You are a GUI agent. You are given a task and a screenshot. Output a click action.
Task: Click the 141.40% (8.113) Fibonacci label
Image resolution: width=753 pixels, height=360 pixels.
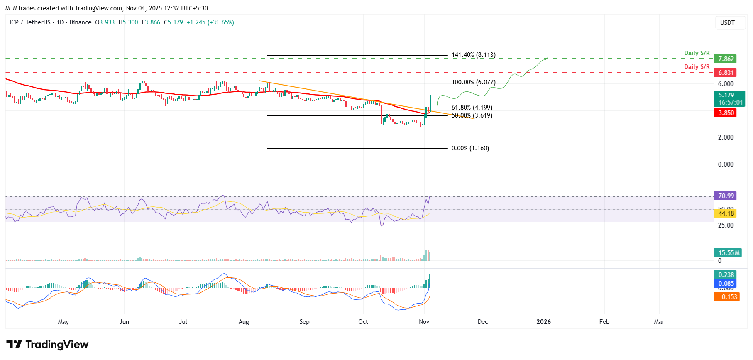tap(473, 55)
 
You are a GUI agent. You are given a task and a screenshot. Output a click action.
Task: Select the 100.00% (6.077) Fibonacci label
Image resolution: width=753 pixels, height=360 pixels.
tap(473, 82)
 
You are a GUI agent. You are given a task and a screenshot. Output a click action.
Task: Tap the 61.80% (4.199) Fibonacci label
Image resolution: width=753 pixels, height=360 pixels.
tap(472, 108)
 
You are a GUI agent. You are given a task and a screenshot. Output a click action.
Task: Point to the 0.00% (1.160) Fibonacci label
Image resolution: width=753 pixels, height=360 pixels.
tap(470, 148)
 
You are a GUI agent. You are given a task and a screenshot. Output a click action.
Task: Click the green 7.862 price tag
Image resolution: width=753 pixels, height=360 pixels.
tap(726, 59)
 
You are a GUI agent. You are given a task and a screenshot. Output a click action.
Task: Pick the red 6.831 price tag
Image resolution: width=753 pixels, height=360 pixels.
tap(726, 73)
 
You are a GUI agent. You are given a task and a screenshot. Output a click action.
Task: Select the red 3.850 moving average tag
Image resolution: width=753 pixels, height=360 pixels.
tap(726, 113)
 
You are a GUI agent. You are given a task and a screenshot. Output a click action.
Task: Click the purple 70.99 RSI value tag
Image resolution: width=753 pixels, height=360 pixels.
tap(726, 196)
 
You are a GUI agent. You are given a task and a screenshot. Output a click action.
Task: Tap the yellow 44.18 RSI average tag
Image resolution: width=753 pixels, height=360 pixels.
tap(726, 213)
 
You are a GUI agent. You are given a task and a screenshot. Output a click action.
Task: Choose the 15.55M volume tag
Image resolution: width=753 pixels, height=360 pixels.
tap(729, 253)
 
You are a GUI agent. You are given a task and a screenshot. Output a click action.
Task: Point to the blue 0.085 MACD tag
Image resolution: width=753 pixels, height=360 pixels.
tap(726, 284)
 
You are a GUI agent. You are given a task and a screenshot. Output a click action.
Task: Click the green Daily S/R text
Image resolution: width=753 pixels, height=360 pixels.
tap(697, 53)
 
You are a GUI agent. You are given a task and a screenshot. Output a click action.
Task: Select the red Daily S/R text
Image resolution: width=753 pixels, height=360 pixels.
tap(697, 67)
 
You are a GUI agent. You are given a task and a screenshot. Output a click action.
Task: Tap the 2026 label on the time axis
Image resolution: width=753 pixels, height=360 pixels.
tap(543, 322)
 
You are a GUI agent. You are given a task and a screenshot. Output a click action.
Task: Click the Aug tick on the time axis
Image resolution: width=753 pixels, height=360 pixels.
tap(244, 322)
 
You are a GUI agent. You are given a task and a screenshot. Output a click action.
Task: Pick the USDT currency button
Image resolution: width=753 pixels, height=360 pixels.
tap(727, 23)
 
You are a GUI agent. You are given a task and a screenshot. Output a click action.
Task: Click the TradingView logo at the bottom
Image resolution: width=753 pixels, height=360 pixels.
tap(47, 345)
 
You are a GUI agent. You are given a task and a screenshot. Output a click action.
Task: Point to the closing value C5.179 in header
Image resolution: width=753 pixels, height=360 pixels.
tap(174, 22)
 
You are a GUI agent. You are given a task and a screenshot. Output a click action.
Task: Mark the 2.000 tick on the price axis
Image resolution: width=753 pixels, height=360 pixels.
tap(726, 137)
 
